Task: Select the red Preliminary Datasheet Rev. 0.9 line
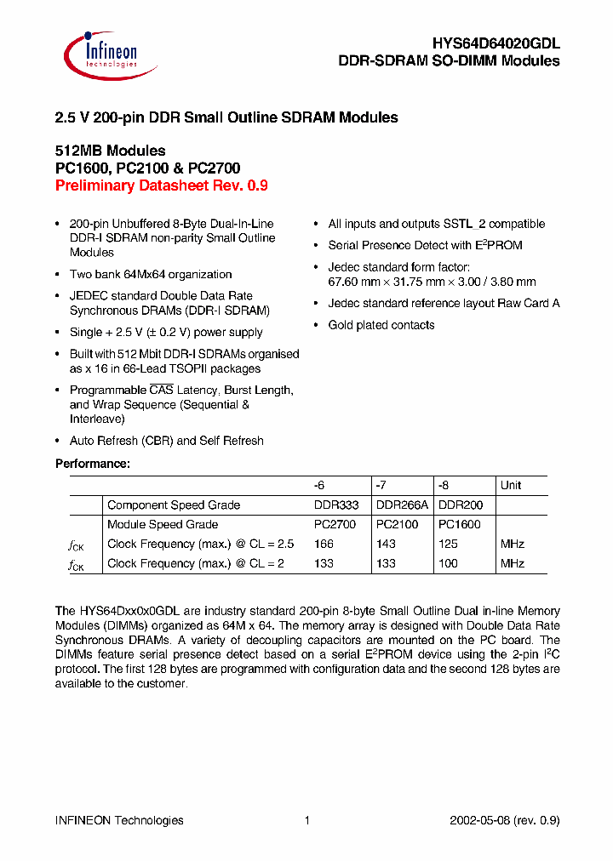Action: [161, 186]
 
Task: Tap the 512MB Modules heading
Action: [110, 151]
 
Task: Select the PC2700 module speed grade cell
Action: [335, 525]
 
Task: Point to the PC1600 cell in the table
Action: [460, 525]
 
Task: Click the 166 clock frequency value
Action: [324, 544]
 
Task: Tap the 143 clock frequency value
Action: [386, 544]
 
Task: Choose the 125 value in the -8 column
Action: [448, 544]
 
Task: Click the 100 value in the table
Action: [448, 563]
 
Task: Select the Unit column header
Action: [511, 485]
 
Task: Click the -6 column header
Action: [320, 485]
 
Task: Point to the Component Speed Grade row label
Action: [174, 505]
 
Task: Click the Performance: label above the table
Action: [93, 464]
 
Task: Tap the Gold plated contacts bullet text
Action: [381, 325]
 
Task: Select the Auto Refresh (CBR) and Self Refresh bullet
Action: [167, 441]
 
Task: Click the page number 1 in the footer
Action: [306, 820]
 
